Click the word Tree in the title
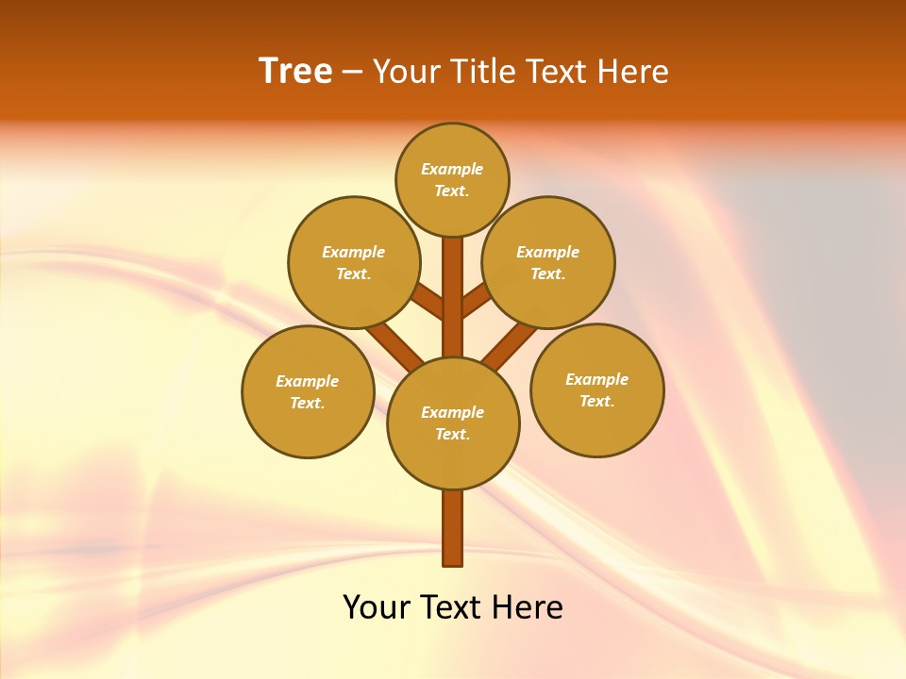tap(295, 71)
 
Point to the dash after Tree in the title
tap(352, 73)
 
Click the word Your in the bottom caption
tap(377, 607)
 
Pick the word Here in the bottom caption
tap(528, 607)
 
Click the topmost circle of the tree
tap(452, 179)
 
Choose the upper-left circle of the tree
tap(354, 262)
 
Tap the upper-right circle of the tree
tap(548, 262)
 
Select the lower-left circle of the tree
tap(308, 391)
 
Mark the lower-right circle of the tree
tap(596, 389)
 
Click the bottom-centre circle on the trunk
tap(453, 423)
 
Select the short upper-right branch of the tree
tap(476, 301)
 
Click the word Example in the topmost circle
tap(452, 170)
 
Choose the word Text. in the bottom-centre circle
tap(452, 435)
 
